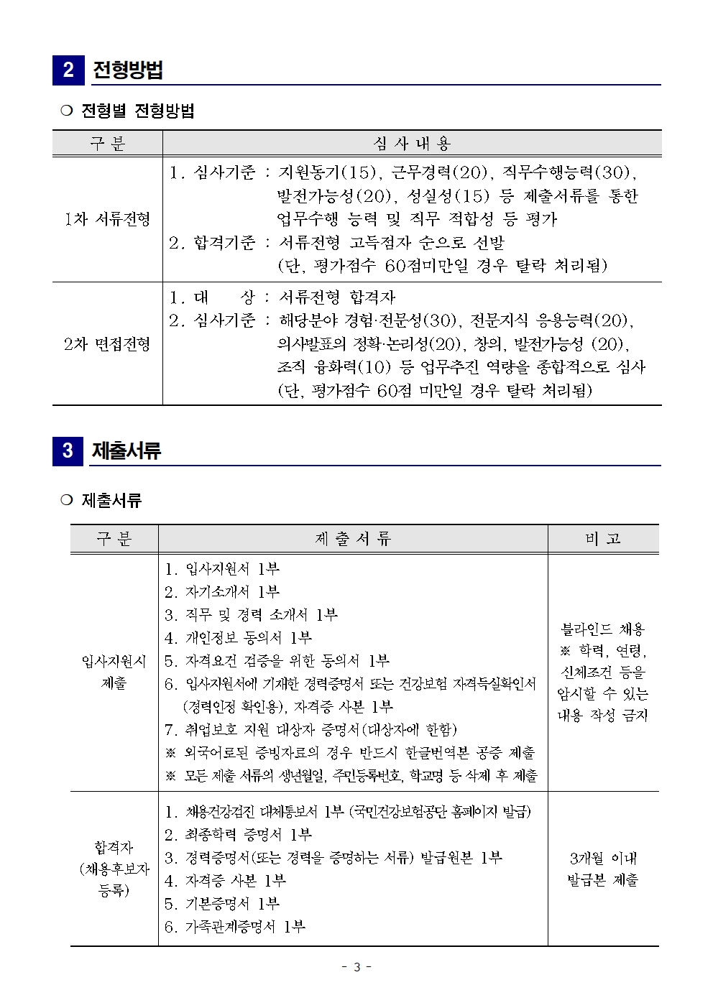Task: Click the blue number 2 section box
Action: pos(68,70)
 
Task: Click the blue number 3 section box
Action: pos(68,450)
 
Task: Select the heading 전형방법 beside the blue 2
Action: pos(128,70)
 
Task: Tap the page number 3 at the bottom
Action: pos(356,967)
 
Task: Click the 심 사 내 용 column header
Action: pos(412,144)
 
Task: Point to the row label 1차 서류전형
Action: pos(108,219)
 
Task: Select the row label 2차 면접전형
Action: pos(107,344)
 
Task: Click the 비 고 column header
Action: pos(603,539)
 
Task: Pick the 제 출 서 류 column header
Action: pos(353,539)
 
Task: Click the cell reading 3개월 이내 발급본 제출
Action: pos(603,869)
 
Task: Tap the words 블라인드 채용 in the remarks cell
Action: pos(603,629)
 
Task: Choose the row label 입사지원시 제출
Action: pos(114,672)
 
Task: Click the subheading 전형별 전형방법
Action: pos(137,111)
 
